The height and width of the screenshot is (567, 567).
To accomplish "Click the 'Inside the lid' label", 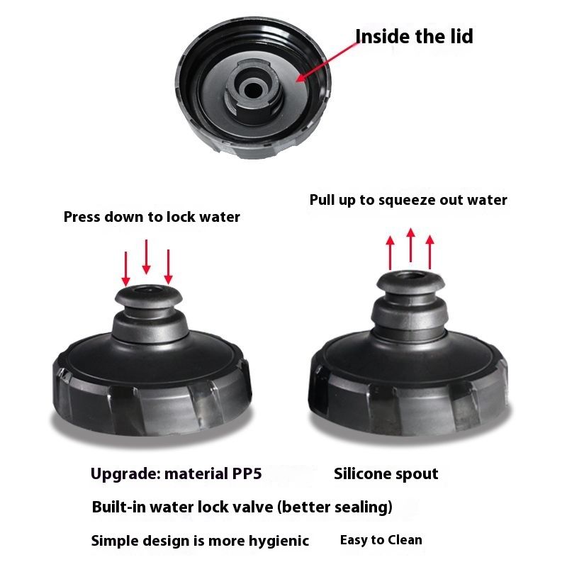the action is [x=414, y=37].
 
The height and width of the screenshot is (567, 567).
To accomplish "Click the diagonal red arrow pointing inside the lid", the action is [x=327, y=62].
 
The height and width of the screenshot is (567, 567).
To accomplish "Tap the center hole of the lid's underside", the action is [x=252, y=90].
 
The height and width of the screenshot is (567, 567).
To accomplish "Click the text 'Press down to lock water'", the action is [x=152, y=217].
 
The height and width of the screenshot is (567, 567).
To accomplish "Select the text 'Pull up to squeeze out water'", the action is [x=408, y=201].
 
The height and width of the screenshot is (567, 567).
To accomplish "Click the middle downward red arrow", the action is [x=146, y=257].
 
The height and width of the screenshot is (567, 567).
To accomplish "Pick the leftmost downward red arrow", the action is [x=126, y=269].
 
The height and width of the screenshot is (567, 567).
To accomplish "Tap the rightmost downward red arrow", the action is [x=168, y=267].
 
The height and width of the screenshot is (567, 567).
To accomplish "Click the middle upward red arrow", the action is [x=410, y=245].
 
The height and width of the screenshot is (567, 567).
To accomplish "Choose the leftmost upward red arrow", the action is [x=390, y=253].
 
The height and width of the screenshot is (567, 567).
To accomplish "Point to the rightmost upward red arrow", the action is [x=430, y=252].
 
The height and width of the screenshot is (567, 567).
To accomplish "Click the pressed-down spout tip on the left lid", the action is [x=149, y=296].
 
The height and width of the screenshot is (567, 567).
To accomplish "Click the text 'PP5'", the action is [x=247, y=473].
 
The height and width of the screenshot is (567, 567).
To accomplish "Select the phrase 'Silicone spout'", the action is [x=386, y=474].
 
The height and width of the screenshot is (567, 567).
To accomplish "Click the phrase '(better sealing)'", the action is [x=335, y=507].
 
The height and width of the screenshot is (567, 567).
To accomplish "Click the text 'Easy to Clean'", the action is [x=381, y=540].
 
